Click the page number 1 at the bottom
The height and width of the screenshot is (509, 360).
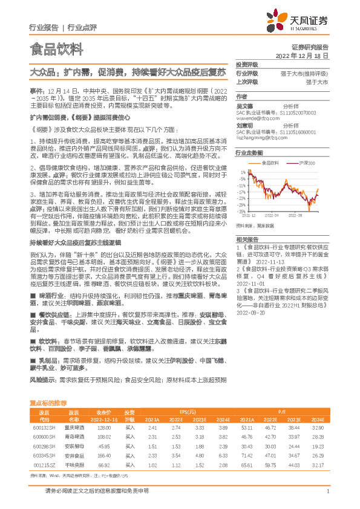click(327, 491)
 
